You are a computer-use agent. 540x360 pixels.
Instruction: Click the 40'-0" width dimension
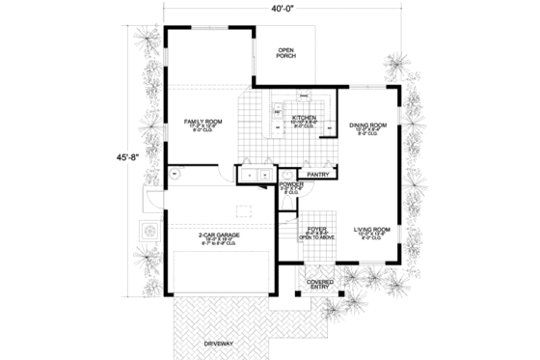(x=283, y=11)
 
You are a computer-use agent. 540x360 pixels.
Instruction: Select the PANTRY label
(x=319, y=175)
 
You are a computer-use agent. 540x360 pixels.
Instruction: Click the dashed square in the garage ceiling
(x=245, y=211)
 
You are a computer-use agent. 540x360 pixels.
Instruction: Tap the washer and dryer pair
(x=255, y=175)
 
